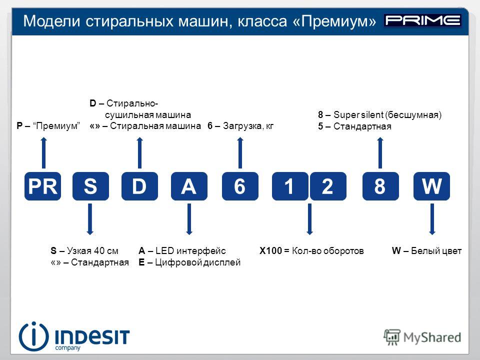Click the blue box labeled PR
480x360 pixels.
[42, 186]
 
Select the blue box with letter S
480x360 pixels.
[90, 186]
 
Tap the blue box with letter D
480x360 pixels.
[139, 186]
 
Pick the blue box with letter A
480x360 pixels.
[189, 186]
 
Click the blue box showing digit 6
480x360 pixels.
[240, 186]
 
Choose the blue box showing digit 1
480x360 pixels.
[290, 186]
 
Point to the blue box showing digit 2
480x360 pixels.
[328, 186]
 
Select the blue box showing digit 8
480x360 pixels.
[380, 186]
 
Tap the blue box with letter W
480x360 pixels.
[431, 186]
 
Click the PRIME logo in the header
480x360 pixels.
[423, 20]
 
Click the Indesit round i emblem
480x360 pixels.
[33, 336]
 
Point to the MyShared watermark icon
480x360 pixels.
[392, 337]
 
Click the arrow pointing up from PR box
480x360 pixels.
[44, 153]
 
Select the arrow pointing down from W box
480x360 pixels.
[432, 219]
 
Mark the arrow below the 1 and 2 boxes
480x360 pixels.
[309, 219]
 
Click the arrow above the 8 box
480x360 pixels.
[380, 153]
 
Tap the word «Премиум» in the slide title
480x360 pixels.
[334, 21]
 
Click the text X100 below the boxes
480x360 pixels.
[270, 250]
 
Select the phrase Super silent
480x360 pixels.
[358, 115]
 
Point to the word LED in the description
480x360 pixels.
[164, 250]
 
